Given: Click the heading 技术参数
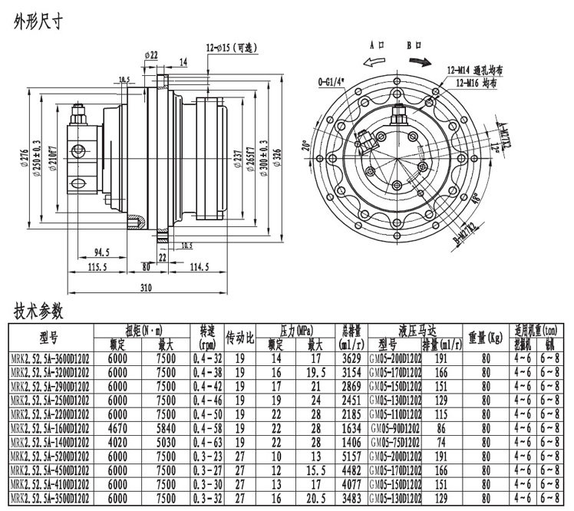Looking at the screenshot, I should coord(38,312).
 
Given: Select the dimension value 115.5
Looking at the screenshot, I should coord(97,266).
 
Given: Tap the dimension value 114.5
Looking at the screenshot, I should coord(200,266).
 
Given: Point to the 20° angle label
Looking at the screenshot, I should coord(305,147).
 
